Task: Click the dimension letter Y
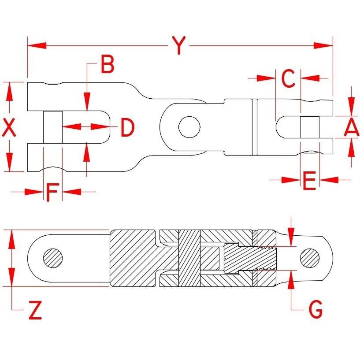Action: click(x=178, y=45)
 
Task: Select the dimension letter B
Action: click(x=108, y=64)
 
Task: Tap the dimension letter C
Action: click(x=288, y=78)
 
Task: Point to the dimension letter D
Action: click(x=127, y=128)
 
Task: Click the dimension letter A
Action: click(x=351, y=127)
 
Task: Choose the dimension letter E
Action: click(x=309, y=181)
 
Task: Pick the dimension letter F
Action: click(x=53, y=192)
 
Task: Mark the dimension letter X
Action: click(x=9, y=127)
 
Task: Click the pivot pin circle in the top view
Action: click(x=189, y=127)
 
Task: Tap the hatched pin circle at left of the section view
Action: click(x=53, y=258)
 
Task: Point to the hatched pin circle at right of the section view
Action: click(x=310, y=258)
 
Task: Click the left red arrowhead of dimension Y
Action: click(x=37, y=45)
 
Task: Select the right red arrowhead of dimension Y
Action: click(x=323, y=45)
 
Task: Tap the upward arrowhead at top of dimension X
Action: click(x=9, y=91)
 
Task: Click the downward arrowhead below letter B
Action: click(x=87, y=102)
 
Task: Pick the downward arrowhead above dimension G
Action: click(x=291, y=237)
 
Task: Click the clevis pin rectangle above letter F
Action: click(x=53, y=127)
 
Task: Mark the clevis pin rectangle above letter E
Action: click(x=310, y=127)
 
